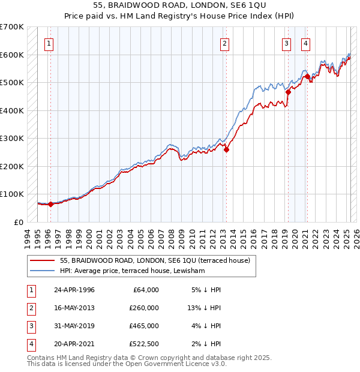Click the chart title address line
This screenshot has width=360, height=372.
179,5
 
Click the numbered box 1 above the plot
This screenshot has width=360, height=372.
49,43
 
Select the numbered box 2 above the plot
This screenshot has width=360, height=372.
224,43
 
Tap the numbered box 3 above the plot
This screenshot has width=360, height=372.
287,43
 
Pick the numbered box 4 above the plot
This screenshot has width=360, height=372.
305,43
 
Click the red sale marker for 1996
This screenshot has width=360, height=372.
51,204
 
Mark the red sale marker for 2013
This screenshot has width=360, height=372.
227,150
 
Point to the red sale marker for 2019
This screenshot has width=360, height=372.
288,92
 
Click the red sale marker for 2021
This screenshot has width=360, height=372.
307,76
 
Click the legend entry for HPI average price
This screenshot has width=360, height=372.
133,271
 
